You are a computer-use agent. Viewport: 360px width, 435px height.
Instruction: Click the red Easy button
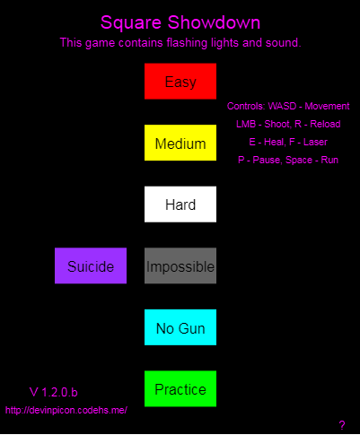(180, 81)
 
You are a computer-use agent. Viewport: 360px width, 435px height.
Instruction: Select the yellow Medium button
(180, 143)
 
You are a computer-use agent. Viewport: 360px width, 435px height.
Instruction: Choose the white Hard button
(180, 204)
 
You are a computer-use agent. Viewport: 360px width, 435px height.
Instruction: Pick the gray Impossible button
(180, 265)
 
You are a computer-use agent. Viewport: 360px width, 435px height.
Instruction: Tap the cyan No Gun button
(180, 327)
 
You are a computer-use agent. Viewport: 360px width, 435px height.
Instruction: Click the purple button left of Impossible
(91, 265)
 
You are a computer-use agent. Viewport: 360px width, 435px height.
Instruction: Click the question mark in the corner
(342, 425)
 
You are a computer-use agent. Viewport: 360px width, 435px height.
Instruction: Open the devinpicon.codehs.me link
(66, 410)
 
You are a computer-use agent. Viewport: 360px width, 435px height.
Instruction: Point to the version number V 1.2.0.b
(53, 392)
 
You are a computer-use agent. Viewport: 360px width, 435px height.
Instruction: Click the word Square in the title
(131, 23)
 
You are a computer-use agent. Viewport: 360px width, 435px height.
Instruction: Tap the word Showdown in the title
(214, 22)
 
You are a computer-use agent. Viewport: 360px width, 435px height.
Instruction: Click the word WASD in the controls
(282, 106)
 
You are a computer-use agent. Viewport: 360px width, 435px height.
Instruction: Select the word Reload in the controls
(325, 124)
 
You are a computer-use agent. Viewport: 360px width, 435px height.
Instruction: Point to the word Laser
(315, 142)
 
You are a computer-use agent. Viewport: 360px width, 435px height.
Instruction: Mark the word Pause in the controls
(267, 160)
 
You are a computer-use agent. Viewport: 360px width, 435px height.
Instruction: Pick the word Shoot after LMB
(277, 124)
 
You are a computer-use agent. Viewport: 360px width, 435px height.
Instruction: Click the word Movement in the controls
(327, 106)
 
